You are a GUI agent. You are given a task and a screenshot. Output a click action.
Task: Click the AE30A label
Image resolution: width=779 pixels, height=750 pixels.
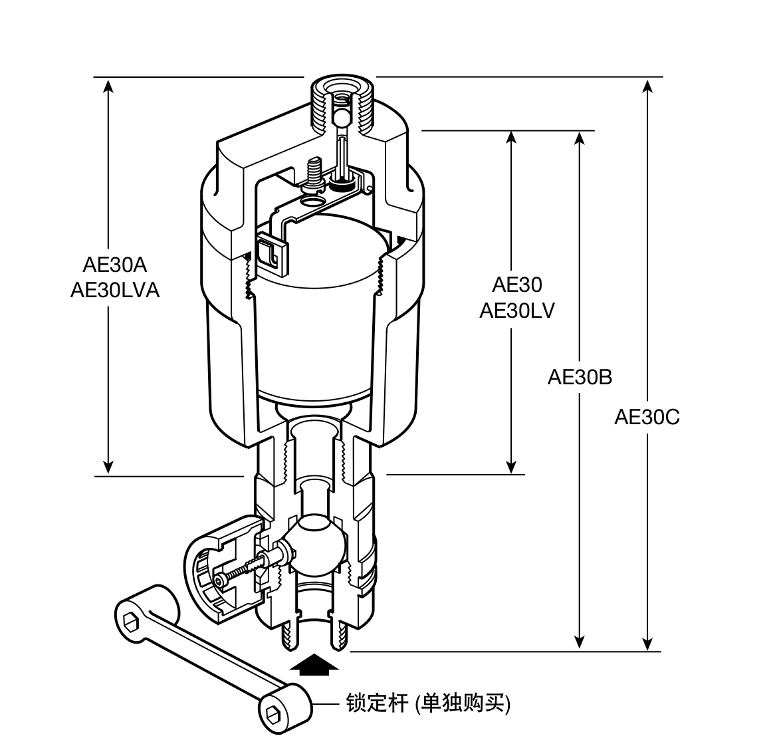[x=115, y=265]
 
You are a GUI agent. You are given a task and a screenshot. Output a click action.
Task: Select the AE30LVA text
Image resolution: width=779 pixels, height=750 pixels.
[x=115, y=291]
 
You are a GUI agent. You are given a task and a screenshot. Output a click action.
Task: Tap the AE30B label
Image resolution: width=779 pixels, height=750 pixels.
[x=580, y=377]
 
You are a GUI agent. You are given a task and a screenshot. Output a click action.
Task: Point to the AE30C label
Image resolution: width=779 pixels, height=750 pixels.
[x=647, y=417]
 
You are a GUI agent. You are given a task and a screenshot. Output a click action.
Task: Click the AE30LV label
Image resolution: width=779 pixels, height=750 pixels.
[x=516, y=311]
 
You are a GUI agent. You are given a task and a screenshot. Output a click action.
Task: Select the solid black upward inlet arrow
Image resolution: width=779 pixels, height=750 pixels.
[x=314, y=664]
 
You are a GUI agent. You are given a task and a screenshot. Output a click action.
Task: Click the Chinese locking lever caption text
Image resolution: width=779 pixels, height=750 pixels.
[x=428, y=703]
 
